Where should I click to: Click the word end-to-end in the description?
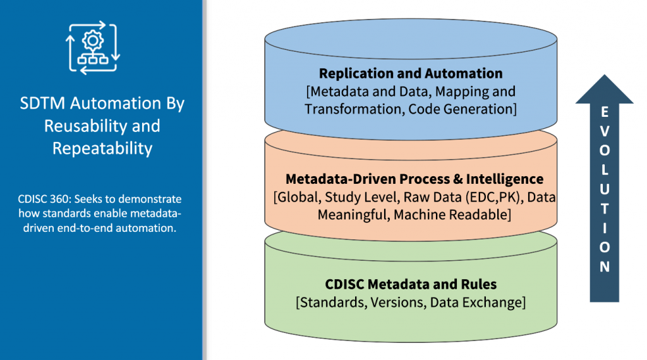(91, 228)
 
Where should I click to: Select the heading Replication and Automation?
(411, 73)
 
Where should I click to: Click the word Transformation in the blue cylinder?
(354, 109)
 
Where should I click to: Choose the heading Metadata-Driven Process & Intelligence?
(414, 179)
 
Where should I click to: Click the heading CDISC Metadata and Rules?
(411, 284)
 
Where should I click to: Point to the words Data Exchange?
(477, 302)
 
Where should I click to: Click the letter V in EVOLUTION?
(605, 133)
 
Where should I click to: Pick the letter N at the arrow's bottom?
(605, 266)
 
